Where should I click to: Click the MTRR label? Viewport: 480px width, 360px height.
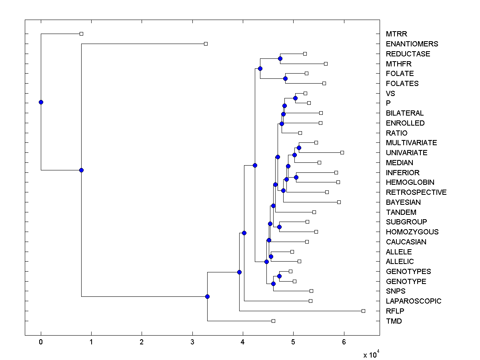396,34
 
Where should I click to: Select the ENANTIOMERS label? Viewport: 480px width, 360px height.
412,44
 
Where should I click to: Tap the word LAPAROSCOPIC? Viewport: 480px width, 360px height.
414,301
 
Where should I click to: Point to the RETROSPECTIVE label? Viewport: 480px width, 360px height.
416,192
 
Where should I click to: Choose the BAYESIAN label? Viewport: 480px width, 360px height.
403,202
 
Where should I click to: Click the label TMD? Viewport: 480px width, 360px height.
394,321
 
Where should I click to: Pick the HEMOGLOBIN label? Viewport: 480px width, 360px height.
410,182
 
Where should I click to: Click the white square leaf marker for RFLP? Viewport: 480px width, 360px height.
363,311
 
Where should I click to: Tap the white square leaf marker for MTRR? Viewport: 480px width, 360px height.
81,34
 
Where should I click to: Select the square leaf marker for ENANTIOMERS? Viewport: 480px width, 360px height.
206,44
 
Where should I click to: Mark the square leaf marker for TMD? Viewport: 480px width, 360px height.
273,321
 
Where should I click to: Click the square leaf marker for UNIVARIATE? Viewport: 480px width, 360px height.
342,152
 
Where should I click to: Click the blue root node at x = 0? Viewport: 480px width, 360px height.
41,102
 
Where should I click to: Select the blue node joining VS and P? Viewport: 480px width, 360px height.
295,98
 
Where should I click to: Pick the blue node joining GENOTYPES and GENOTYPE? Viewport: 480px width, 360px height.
279,276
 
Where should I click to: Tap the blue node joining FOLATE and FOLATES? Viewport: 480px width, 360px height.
285,78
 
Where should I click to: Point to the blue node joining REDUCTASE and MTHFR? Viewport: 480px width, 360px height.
280,58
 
